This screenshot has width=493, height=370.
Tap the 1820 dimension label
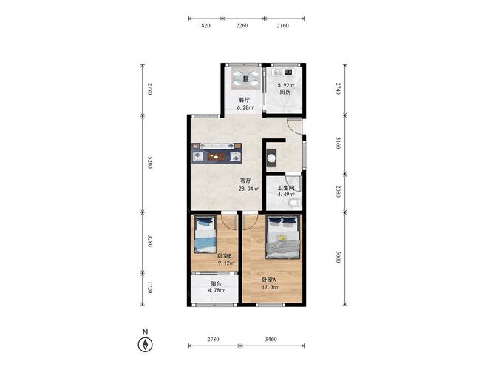coord(204,26)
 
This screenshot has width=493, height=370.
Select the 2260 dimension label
coord(242,26)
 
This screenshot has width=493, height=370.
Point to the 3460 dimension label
coord(271,339)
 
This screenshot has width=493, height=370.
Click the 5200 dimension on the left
coord(149,162)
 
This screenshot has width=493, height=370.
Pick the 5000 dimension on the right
coord(338,257)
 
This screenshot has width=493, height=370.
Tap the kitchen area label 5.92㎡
coord(285,85)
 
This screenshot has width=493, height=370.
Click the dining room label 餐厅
coord(245,100)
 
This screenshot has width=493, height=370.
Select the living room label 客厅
coord(245,181)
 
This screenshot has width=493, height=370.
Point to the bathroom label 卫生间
coord(286,188)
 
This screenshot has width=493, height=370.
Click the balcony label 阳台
coord(216,283)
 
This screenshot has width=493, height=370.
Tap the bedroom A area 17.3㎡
coord(270,287)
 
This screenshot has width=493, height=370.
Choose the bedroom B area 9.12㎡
coord(226,263)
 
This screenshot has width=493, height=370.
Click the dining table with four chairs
coord(245,78)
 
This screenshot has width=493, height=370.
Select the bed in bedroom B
coord(205,235)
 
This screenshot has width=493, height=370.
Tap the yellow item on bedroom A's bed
coord(282,238)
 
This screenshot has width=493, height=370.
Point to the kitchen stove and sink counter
coord(284,72)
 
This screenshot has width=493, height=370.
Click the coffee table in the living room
coord(217,156)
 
